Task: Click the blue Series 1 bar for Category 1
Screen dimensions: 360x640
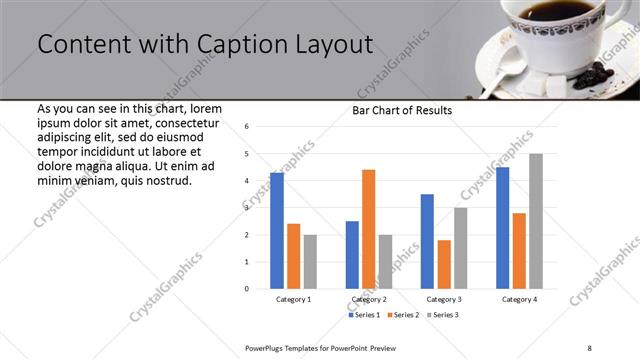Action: [x=277, y=231]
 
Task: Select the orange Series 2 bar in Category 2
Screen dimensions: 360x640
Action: [x=368, y=229]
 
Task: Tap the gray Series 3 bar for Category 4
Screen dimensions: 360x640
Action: [x=536, y=221]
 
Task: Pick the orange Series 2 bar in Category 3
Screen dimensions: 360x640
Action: [x=444, y=264]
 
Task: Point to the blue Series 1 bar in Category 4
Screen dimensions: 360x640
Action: [x=502, y=228]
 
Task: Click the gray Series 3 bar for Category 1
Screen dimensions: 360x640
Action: [x=310, y=262]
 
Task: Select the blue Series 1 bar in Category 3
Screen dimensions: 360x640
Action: [x=427, y=241]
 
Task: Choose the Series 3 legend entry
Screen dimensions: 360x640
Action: [x=444, y=315]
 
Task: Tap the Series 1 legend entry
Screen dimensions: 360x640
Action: [x=364, y=315]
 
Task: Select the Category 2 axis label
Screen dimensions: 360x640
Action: [x=368, y=299]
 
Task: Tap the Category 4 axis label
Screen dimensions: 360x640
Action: [x=519, y=299]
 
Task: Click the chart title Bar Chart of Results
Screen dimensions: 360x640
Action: [x=402, y=110]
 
